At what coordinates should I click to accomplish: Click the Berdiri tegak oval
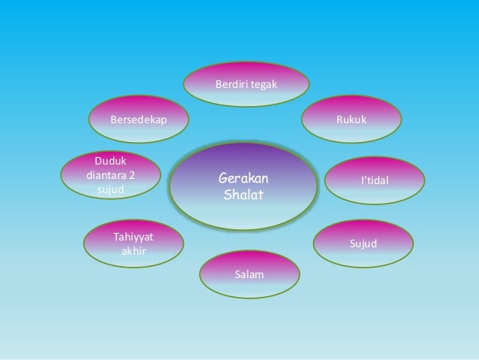[x=247, y=86]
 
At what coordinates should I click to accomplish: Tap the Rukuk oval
[x=351, y=119]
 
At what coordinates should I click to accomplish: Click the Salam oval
[x=249, y=274]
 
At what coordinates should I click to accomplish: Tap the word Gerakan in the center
[x=243, y=179]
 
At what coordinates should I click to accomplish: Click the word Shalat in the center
[x=243, y=195]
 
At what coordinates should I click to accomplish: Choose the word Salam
[x=249, y=275]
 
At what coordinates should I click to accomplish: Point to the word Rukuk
[x=351, y=119]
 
